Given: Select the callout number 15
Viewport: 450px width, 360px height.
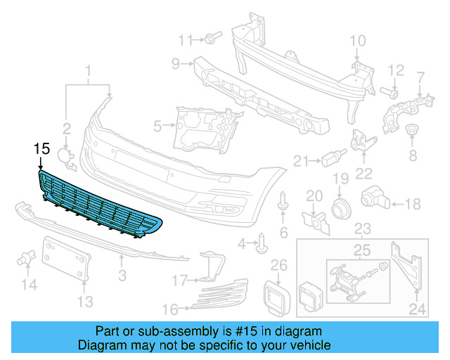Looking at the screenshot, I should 41,148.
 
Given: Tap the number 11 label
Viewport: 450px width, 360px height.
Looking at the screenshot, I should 185,39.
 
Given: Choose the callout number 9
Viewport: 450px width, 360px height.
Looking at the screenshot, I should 176,64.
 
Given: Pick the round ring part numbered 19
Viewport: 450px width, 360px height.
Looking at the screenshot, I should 341,207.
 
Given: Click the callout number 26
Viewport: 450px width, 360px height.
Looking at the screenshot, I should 279,265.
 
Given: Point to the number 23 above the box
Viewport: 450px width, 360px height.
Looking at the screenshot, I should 362,229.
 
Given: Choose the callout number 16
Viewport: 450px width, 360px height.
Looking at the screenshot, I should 169,308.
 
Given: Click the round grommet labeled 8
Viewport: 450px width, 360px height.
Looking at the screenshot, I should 413,134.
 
